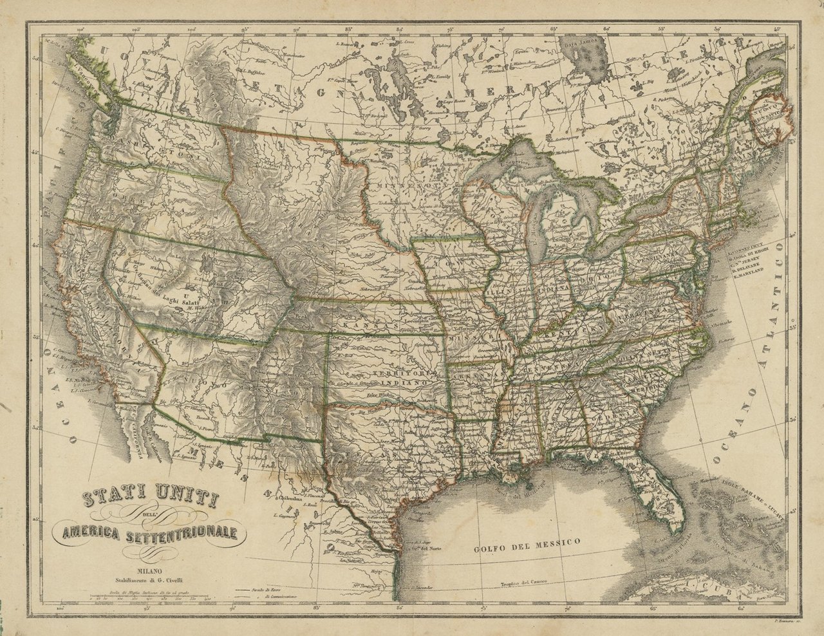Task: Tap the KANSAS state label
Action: click(x=370, y=327)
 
